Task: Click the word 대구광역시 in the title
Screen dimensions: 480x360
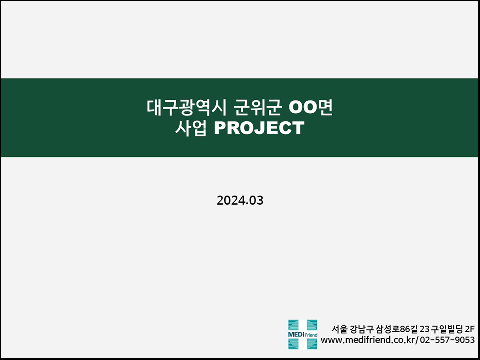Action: (186, 107)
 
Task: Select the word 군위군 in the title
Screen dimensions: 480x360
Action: (257, 107)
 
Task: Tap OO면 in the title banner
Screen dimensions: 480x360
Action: (311, 107)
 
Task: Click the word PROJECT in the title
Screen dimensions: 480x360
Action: (259, 128)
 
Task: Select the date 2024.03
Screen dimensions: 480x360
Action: (240, 201)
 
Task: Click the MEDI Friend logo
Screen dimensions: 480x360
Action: (303, 334)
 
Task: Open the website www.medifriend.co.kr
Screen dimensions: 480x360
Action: (369, 340)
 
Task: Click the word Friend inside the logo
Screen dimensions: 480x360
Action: (311, 335)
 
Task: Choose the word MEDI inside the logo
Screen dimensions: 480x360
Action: (296, 335)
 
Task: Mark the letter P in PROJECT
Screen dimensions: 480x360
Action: (220, 128)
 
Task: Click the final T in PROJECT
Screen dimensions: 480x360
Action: (298, 128)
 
